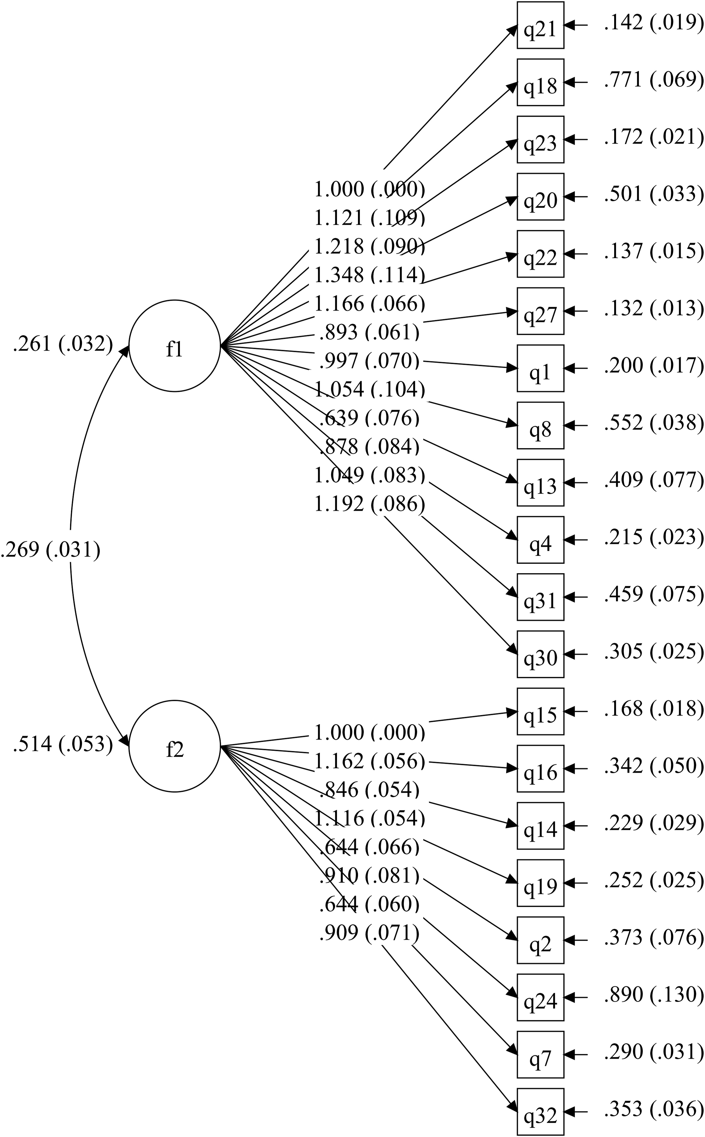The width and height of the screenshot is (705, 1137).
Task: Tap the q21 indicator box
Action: click(540, 25)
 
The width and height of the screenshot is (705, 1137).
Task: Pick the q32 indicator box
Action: click(540, 1111)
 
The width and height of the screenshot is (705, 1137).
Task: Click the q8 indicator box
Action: click(540, 425)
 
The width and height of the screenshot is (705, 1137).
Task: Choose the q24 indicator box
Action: click(540, 997)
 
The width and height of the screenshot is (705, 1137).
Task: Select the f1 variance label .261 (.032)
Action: click(63, 344)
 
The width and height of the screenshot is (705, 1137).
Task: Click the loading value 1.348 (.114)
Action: click(369, 275)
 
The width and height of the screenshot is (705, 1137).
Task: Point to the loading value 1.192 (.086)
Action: click(369, 504)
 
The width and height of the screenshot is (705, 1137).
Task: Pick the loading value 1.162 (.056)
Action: click(369, 761)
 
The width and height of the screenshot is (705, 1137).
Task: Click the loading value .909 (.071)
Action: click(369, 932)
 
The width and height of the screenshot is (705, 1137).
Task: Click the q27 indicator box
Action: click(540, 311)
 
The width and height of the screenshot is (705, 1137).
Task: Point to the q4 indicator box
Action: click(540, 540)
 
